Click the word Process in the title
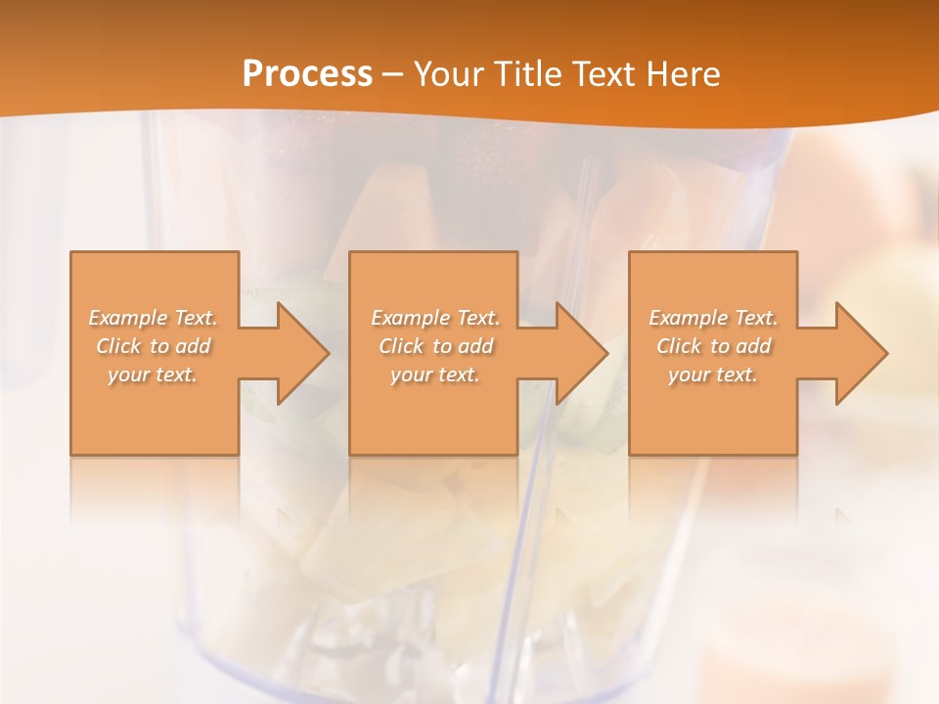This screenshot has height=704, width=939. click(307, 74)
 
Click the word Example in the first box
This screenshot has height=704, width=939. click(127, 318)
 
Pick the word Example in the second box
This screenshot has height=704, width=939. click(410, 318)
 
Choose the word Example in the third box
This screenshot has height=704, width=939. click(688, 318)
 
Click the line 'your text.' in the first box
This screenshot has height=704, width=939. click(153, 374)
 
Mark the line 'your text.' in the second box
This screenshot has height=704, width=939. click(434, 374)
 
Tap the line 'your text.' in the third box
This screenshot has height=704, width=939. click(712, 374)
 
